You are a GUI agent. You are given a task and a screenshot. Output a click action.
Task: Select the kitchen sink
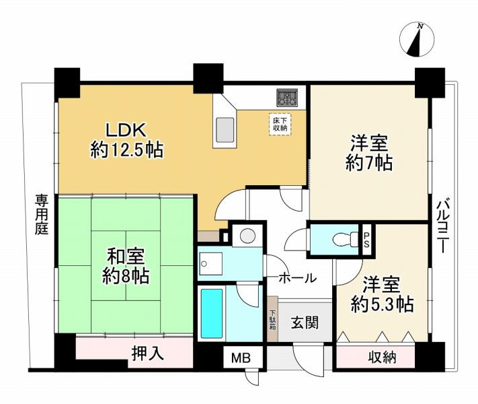224,128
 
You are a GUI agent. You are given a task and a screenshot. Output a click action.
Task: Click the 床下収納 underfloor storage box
280,124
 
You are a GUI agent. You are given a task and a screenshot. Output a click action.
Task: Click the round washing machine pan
247,236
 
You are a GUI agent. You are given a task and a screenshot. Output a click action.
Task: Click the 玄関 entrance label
303,323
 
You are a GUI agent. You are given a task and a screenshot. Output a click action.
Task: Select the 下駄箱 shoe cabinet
273,320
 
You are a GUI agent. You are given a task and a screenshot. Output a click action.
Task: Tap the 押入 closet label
147,353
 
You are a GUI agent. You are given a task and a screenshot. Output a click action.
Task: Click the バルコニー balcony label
442,226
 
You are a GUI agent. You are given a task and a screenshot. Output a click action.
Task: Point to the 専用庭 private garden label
42,214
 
